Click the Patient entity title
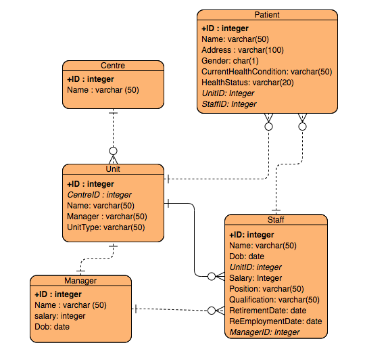tap(267, 15)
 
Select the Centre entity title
tap(113, 66)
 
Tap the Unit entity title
tap(113, 169)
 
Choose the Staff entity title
tap(276, 220)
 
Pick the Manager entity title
tap(80, 281)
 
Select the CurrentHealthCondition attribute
tap(266, 72)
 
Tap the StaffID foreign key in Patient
tap(229, 104)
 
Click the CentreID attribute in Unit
tap(99, 195)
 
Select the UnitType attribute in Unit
tap(105, 227)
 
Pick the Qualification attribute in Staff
tap(274, 300)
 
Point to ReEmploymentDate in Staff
tap(276, 321)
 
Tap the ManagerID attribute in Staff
tap(264, 332)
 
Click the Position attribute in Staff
tap(266, 289)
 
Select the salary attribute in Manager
tap(60, 316)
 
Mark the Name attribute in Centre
tap(103, 89)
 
